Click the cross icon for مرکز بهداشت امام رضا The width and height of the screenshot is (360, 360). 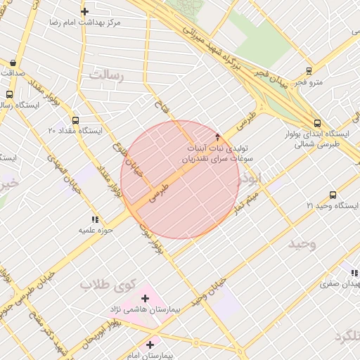(x=85, y=11)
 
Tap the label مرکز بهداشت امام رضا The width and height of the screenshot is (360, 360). (x=85, y=22)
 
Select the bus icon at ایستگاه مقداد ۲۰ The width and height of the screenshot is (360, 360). (x=75, y=120)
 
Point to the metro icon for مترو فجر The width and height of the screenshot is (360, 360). (x=309, y=71)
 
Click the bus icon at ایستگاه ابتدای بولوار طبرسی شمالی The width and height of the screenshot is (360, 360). (x=318, y=121)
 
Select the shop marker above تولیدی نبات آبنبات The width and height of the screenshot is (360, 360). (x=217, y=137)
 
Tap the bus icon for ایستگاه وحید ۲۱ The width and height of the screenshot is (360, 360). (x=333, y=195)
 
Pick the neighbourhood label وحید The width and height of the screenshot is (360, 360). (x=302, y=243)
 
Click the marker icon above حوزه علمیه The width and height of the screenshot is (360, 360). (x=95, y=220)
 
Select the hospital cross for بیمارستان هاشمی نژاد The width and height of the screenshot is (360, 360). (x=146, y=299)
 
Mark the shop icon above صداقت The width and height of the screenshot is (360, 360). (x=14, y=62)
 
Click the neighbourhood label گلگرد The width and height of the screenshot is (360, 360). (x=346, y=336)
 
